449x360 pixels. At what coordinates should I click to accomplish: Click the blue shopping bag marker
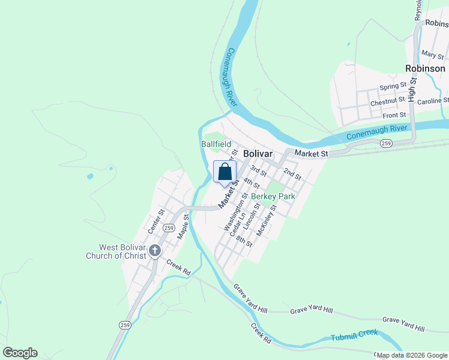[x=224, y=172]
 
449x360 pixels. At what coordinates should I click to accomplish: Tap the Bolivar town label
[x=258, y=154]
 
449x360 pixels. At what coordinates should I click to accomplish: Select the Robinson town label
[x=425, y=68]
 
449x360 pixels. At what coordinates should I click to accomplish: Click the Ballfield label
[x=216, y=144]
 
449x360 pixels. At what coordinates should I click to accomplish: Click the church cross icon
[x=155, y=251]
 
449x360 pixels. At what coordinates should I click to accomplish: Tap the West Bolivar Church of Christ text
[x=123, y=252]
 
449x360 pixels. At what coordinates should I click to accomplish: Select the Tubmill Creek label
[x=354, y=337]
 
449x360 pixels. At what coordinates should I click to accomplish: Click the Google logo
[x=20, y=353]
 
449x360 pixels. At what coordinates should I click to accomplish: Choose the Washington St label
[x=235, y=212]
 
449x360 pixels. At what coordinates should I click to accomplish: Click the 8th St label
[x=244, y=242]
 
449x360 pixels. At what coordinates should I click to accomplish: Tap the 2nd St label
[x=292, y=173]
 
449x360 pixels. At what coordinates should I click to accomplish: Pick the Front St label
[x=394, y=115]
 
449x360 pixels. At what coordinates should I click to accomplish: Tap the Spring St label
[x=393, y=88]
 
